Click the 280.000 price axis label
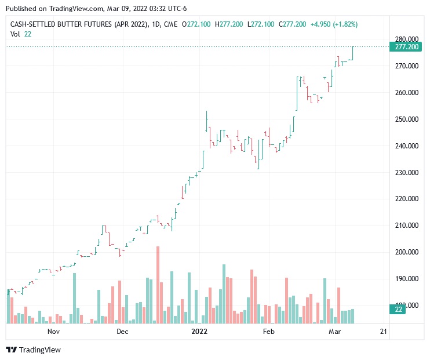coord(405,39)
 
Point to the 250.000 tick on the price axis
coord(405,119)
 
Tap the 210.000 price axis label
coord(405,226)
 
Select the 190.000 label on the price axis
coord(405,279)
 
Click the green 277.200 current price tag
coord(406,46)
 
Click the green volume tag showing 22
coord(399,310)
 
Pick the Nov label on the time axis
coord(54,332)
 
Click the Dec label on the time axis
coord(122,332)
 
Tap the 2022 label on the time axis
coord(199,332)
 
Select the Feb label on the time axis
coord(268,332)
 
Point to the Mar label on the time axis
coord(335,332)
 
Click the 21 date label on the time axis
coord(383,332)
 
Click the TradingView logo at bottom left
coord(33,350)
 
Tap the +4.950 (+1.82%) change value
coord(334,24)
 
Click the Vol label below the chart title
coord(16,34)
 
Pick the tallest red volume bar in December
coord(158,285)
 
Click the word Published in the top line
coord(20,9)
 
